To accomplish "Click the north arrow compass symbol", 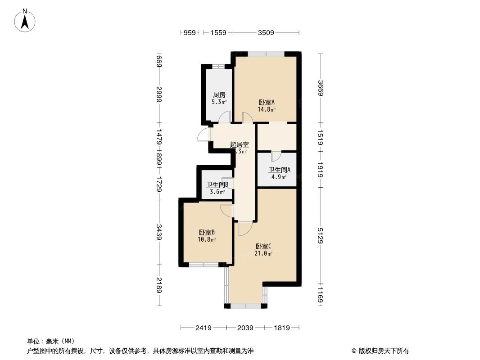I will (x=26, y=20).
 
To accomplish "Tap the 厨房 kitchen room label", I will (x=219, y=95).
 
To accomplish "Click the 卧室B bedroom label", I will (x=207, y=232).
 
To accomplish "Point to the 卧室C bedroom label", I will (x=263, y=246).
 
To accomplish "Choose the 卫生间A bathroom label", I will (x=279, y=170).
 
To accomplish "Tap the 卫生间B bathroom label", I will (x=217, y=184).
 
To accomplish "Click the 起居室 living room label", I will (x=239, y=144).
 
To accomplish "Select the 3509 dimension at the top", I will (x=266, y=32).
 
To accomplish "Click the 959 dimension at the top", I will (x=190, y=32).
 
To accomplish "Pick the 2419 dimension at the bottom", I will (x=204, y=328).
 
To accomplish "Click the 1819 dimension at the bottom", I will (x=281, y=328).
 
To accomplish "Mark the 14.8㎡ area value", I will (x=266, y=109).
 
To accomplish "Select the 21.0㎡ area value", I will (x=263, y=253).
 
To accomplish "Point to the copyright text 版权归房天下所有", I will (x=383, y=351).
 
